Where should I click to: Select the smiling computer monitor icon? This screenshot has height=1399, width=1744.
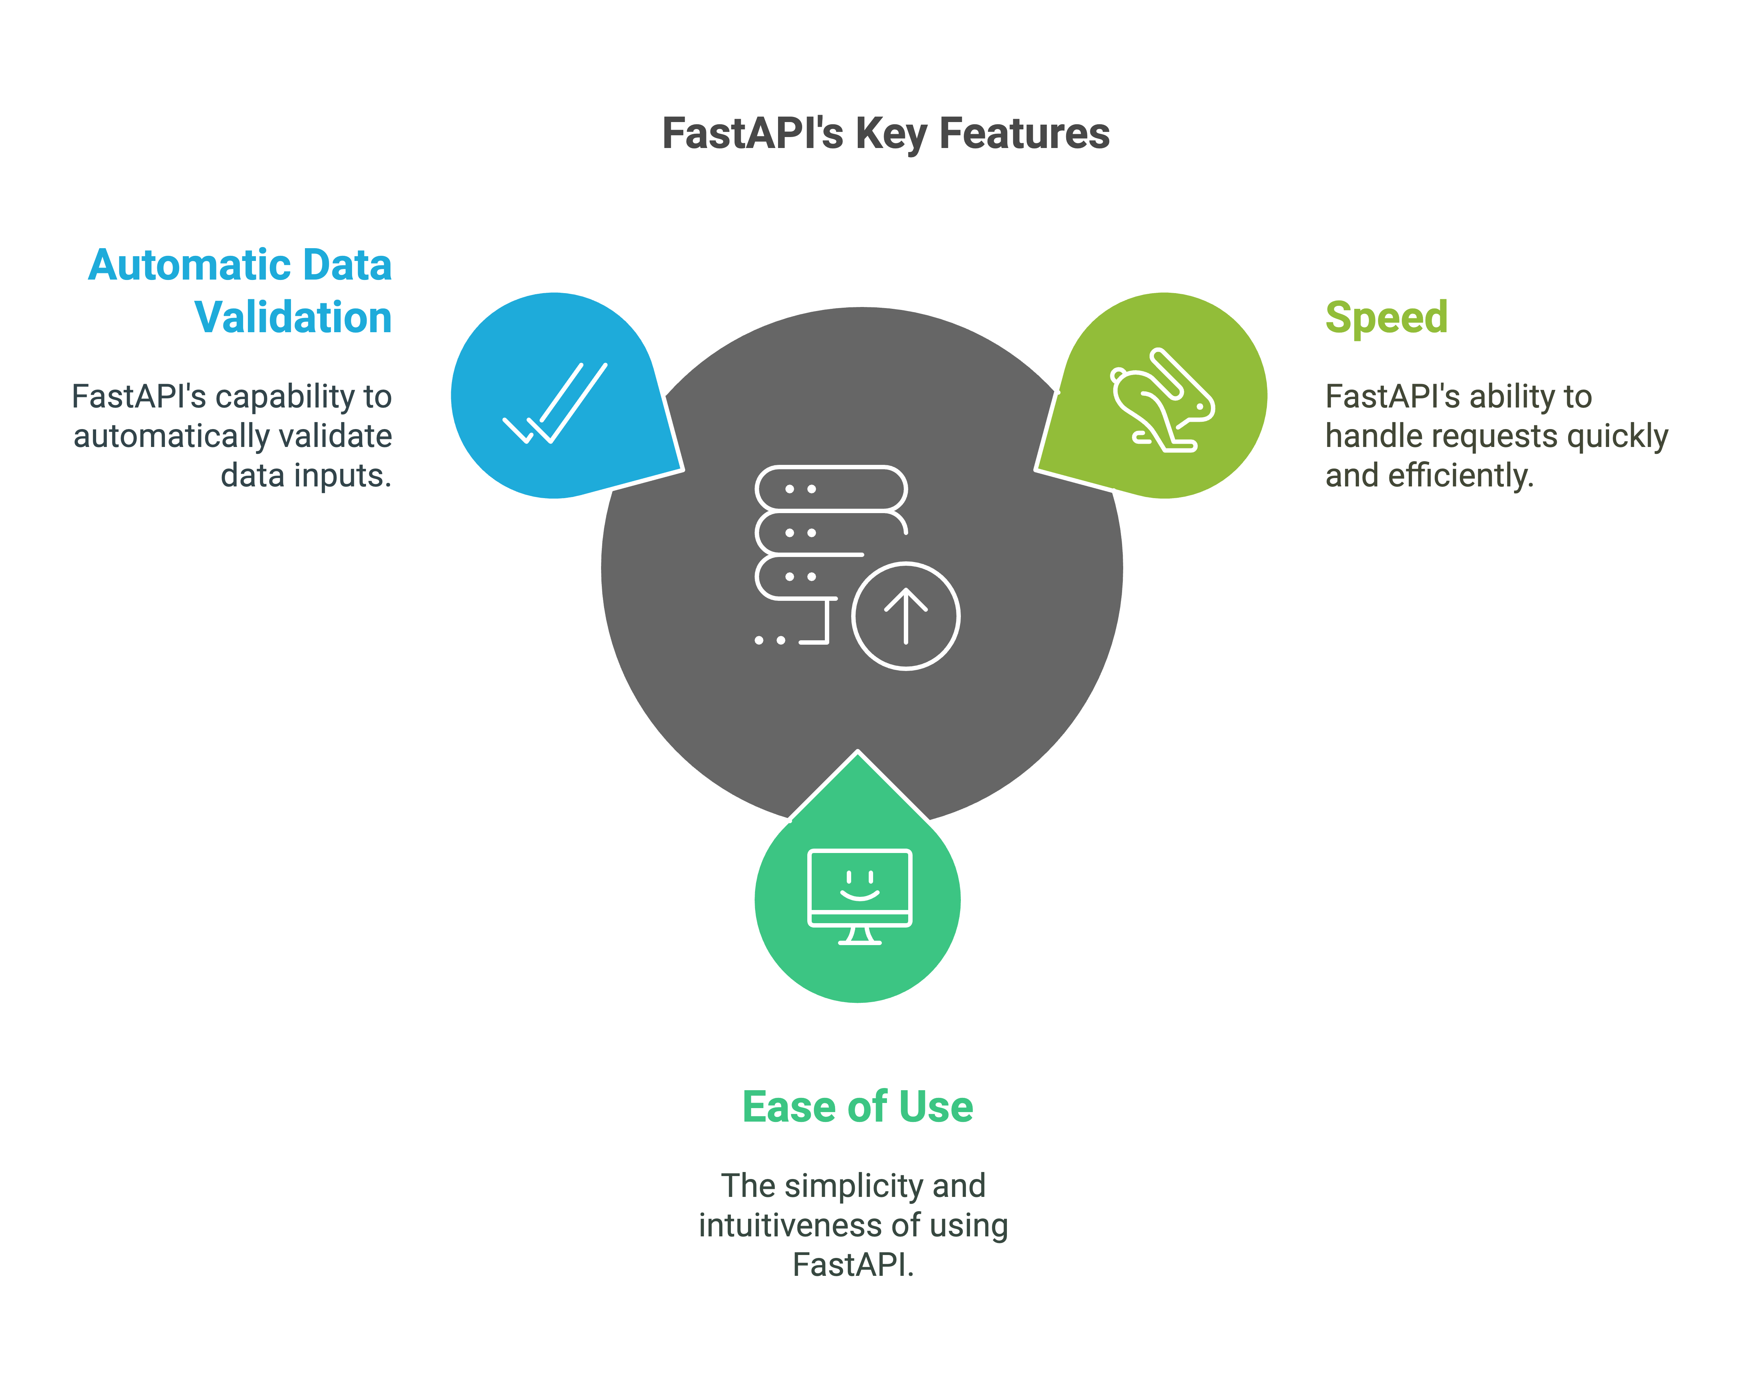[859, 896]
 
